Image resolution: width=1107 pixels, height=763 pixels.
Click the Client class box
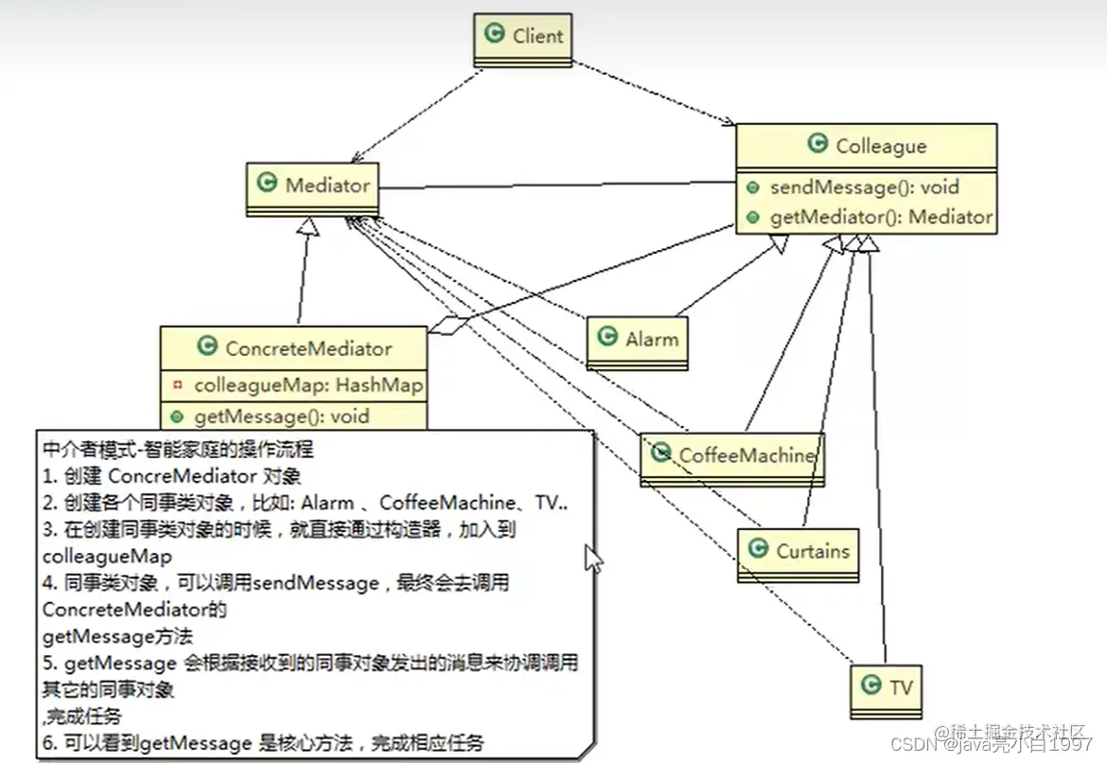pyautogui.click(x=522, y=38)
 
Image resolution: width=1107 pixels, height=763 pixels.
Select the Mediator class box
pyautogui.click(x=313, y=186)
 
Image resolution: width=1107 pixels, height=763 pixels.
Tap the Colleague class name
pyautogui.click(x=880, y=146)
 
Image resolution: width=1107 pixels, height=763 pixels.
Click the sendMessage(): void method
pyautogui.click(x=864, y=187)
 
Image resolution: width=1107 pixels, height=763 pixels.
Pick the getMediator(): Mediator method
pyautogui.click(x=881, y=217)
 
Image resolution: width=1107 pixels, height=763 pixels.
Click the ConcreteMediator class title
pyautogui.click(x=307, y=348)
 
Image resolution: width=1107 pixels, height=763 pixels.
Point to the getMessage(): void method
pyautogui.click(x=281, y=416)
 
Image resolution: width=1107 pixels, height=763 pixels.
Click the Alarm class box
pyautogui.click(x=637, y=340)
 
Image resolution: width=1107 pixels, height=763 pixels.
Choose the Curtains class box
pyautogui.click(x=799, y=551)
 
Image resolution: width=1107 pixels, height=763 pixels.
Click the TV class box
pyautogui.click(x=886, y=687)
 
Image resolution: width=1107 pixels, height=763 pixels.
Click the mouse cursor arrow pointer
pyautogui.click(x=593, y=558)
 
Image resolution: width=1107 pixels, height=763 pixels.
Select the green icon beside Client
pyautogui.click(x=494, y=35)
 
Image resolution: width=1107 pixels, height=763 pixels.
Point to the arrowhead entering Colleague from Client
pyautogui.click(x=729, y=122)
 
